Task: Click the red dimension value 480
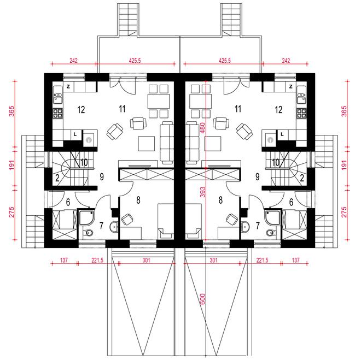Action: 202,128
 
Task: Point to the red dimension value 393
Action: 202,192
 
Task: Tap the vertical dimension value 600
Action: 202,299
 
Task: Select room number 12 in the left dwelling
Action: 81,110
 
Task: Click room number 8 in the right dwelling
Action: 220,200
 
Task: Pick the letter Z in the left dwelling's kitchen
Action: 68,87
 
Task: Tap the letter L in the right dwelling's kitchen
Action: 282,134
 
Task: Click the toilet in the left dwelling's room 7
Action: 88,233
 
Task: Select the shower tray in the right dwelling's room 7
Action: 272,217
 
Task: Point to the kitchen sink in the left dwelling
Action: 58,97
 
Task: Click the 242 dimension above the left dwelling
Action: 73,61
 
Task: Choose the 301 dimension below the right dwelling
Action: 213,260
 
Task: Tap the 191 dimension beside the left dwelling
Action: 11,165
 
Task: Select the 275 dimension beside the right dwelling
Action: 343,212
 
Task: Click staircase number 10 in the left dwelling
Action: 84,163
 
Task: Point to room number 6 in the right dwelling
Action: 291,202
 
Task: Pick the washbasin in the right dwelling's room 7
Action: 244,227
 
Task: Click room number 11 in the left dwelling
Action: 123,109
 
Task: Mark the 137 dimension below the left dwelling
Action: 64,260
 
